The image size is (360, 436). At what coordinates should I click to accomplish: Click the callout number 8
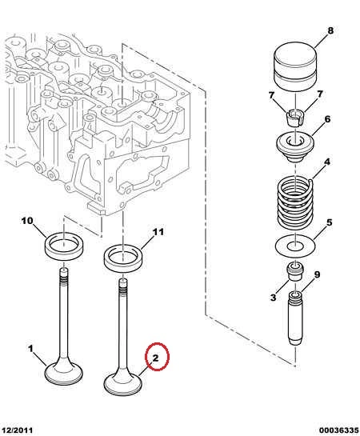point(330,30)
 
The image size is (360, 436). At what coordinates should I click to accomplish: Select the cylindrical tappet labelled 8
point(295,67)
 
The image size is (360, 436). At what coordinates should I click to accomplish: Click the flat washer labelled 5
point(295,245)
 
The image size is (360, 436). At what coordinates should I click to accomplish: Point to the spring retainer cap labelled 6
point(295,146)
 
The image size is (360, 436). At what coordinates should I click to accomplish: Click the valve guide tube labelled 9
point(295,318)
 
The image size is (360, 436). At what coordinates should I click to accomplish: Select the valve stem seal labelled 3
point(295,271)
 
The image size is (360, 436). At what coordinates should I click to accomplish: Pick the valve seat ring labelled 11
point(122,258)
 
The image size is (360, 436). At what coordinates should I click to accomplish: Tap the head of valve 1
point(64,372)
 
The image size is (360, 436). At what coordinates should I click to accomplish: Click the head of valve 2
point(122,384)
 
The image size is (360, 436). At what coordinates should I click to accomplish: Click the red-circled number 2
point(155,358)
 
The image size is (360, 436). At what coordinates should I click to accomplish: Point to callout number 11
point(158,232)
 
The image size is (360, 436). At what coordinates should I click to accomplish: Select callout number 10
point(27,221)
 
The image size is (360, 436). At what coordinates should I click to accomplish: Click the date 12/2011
point(18,430)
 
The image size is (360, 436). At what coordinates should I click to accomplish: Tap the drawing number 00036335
point(338,430)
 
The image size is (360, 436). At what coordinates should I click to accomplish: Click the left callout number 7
point(271,96)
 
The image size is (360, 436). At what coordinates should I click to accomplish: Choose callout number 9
point(317,274)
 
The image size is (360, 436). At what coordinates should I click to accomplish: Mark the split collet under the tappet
point(294,118)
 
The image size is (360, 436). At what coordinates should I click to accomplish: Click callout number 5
point(329,222)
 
